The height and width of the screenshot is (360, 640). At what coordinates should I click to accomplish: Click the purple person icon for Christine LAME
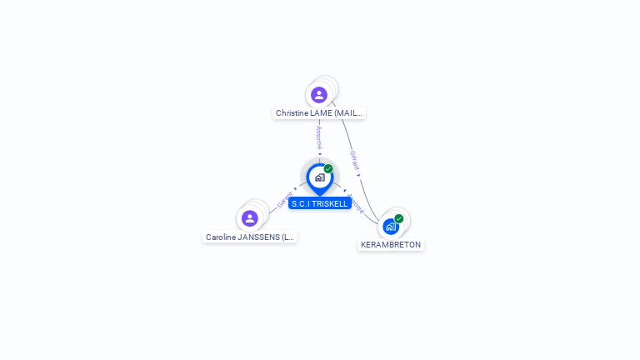click(x=319, y=95)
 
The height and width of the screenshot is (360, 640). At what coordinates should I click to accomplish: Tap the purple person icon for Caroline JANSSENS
click(x=249, y=219)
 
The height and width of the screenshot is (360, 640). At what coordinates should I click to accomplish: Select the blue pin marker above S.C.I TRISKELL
click(x=319, y=177)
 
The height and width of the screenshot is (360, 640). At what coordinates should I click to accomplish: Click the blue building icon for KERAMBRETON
click(x=390, y=226)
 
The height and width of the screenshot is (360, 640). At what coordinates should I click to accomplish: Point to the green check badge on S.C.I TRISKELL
click(x=328, y=169)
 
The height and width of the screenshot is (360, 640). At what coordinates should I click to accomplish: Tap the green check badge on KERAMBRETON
click(x=399, y=218)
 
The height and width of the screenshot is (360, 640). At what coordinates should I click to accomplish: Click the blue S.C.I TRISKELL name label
click(x=320, y=204)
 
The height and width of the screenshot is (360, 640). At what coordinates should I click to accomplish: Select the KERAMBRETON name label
click(x=391, y=245)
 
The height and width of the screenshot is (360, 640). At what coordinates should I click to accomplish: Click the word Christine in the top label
click(x=292, y=113)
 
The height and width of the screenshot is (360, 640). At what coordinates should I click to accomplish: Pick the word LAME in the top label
click(x=322, y=113)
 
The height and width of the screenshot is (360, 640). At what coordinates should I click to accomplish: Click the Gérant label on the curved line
click(x=354, y=160)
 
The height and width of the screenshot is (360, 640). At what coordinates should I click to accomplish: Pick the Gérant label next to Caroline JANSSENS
click(x=284, y=200)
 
